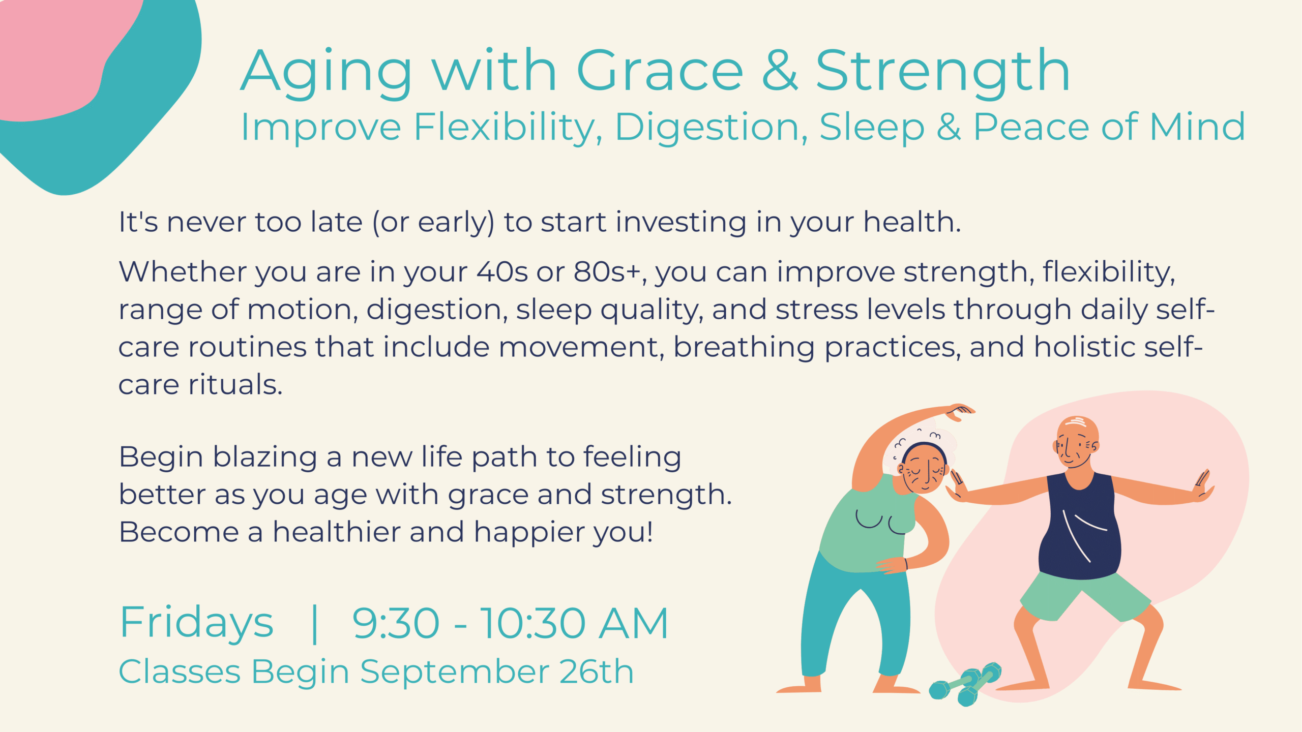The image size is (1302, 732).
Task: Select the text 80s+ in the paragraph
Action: pos(607,271)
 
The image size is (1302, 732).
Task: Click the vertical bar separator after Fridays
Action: pos(314,624)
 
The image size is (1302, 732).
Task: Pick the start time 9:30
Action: pos(396,623)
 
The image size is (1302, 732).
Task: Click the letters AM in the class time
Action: pos(633,623)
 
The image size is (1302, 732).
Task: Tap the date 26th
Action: pos(597,672)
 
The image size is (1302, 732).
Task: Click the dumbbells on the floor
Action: pos(965,684)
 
